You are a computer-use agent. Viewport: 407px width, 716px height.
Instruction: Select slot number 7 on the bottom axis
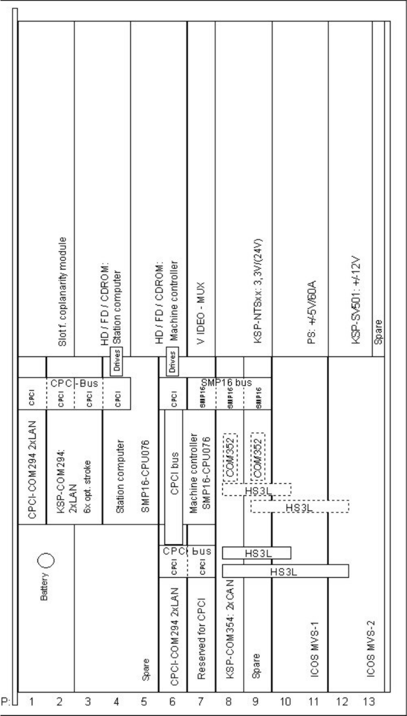(x=202, y=702)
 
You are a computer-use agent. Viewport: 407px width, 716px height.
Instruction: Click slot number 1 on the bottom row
(x=30, y=702)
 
